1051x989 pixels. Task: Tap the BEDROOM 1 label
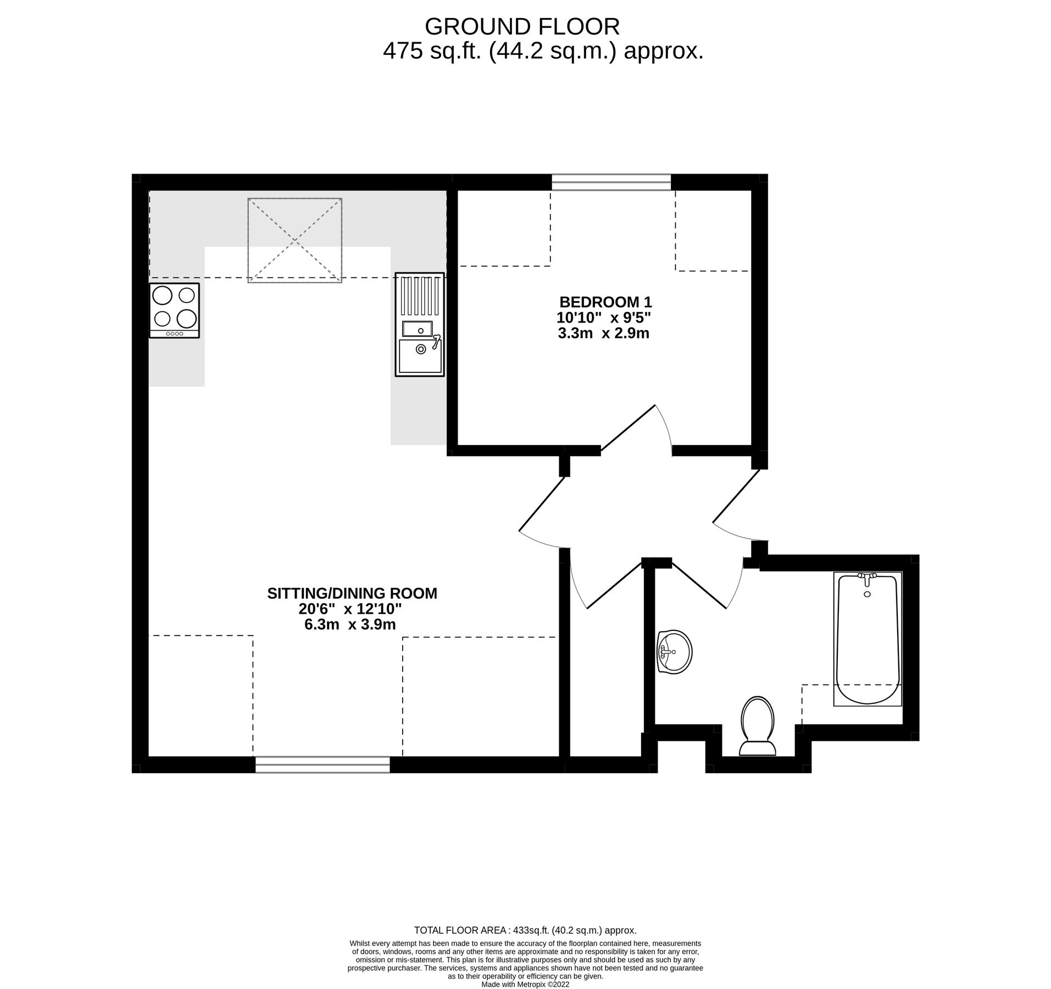pos(605,302)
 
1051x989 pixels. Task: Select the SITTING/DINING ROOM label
pos(352,593)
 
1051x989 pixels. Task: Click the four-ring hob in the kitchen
pos(174,309)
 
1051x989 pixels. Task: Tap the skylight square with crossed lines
pos(294,240)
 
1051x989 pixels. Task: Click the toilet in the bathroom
pos(757,726)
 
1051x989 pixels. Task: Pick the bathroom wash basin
pos(675,652)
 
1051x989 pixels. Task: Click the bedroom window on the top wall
pos(611,182)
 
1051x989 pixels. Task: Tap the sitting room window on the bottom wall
pos(322,764)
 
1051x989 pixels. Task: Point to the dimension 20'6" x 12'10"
pos(351,609)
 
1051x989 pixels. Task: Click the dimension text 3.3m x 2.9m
pos(603,333)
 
